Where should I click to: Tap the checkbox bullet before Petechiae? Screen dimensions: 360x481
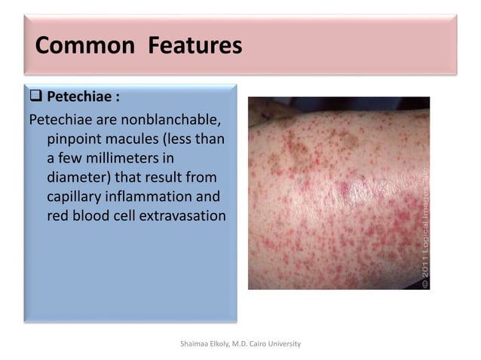[x=35, y=98]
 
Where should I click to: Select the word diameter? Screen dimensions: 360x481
[x=77, y=178]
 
